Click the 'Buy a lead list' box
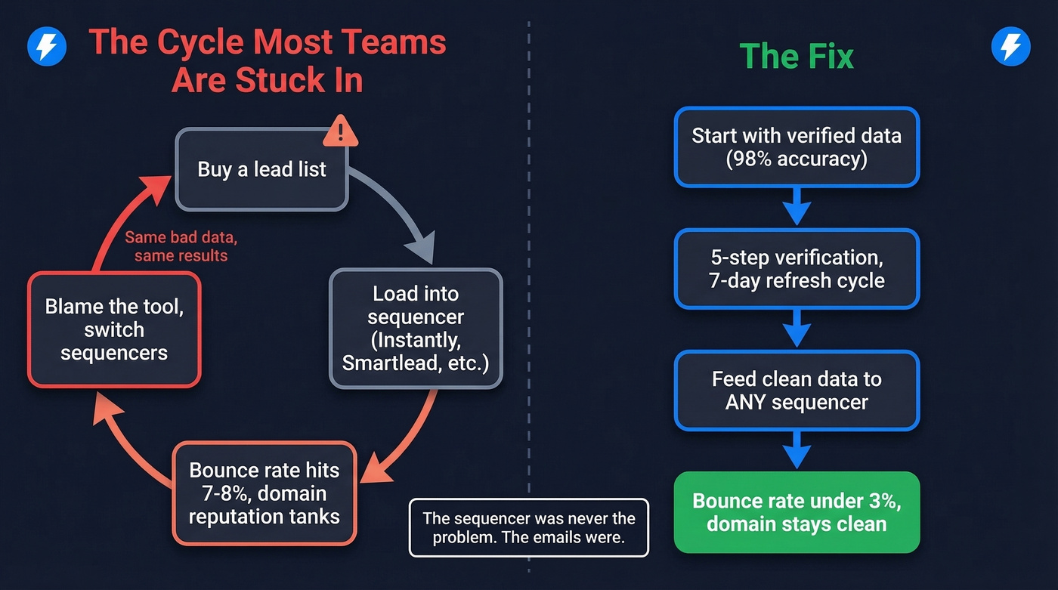[x=261, y=169]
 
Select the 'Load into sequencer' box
[x=416, y=329]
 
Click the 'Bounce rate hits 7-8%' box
[x=264, y=493]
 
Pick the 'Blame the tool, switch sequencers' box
[x=114, y=329]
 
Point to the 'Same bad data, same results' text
[x=181, y=246]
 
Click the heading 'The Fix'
[x=797, y=57]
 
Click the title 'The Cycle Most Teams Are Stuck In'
[x=268, y=61]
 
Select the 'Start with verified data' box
[x=797, y=147]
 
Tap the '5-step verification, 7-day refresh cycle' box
[x=797, y=269]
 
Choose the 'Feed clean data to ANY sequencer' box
[x=797, y=391]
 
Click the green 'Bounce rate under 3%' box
[x=797, y=512]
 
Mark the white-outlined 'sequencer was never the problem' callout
[x=528, y=528]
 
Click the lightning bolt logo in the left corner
[x=47, y=47]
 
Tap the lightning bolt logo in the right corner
[x=1010, y=47]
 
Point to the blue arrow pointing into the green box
[x=797, y=450]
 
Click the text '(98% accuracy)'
[x=797, y=160]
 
